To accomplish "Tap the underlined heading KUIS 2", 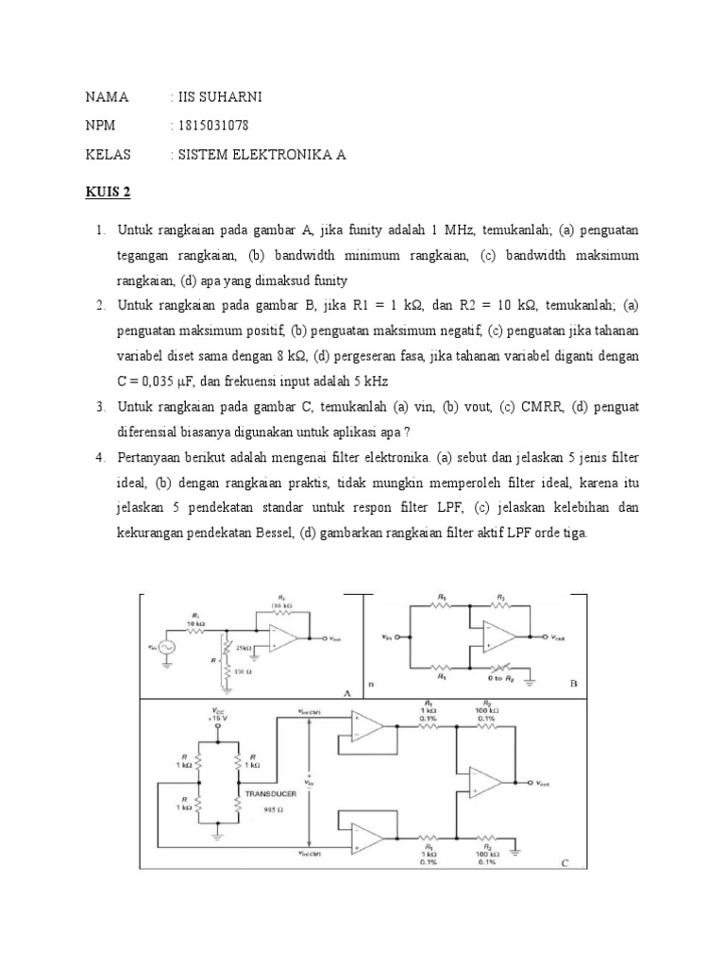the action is pos(108,193).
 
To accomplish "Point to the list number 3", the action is pos(100,406).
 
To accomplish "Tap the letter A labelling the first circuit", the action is pos(346,691).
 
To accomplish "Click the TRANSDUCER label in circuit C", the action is pos(272,795).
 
